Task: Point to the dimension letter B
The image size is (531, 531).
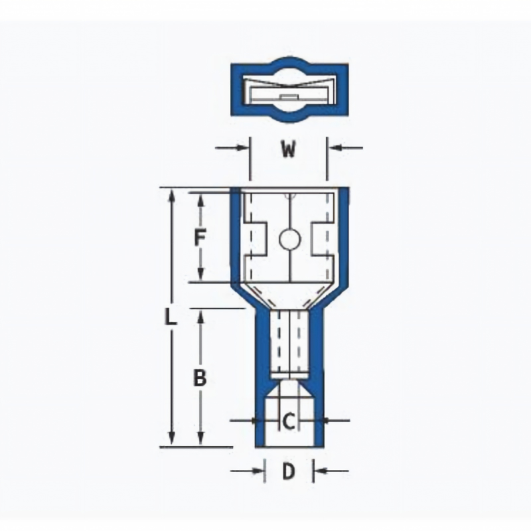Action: pyautogui.click(x=200, y=378)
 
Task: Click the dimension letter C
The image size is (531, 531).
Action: pyautogui.click(x=288, y=422)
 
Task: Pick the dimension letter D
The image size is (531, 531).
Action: pyautogui.click(x=289, y=471)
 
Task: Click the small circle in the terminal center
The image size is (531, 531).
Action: pyautogui.click(x=290, y=240)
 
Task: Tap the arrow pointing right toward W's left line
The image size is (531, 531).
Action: pyautogui.click(x=232, y=147)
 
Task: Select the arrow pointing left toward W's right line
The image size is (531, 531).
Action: pyautogui.click(x=345, y=147)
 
